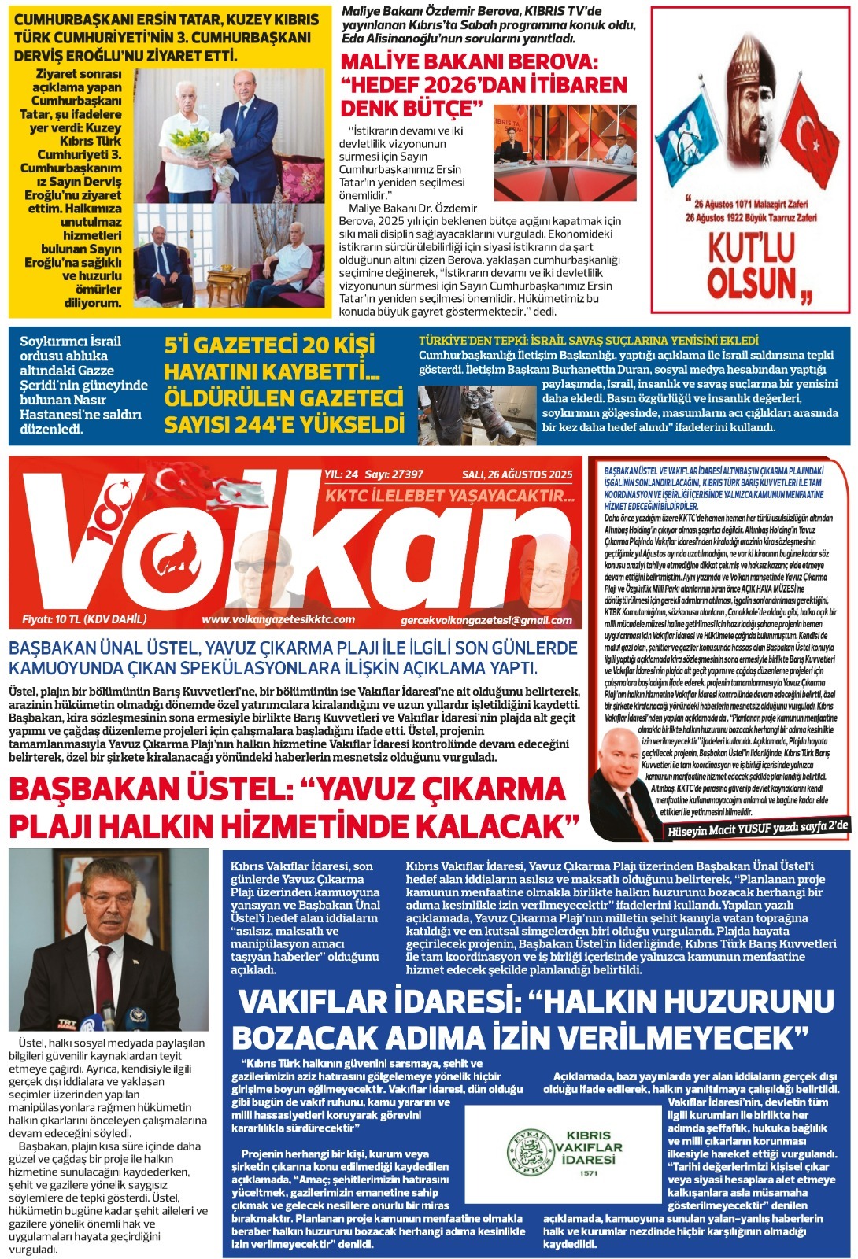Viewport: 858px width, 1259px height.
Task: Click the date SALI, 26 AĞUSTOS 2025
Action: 517,474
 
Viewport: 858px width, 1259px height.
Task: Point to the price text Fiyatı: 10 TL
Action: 84,618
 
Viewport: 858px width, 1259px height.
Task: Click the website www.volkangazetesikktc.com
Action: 278,619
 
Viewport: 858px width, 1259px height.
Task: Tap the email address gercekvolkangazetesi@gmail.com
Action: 486,620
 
